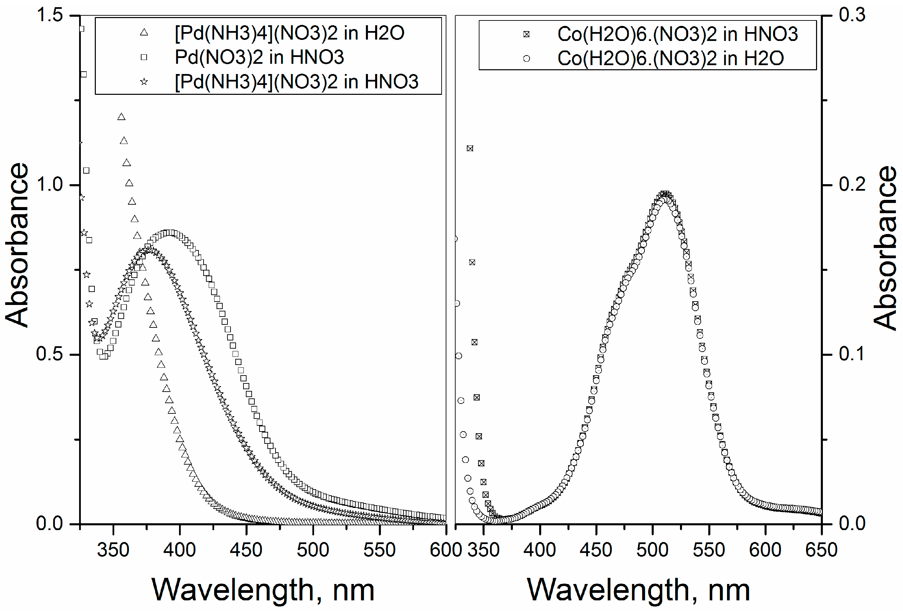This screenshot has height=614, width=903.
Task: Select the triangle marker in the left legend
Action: [x=144, y=32]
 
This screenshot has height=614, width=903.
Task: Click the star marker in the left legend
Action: [x=144, y=82]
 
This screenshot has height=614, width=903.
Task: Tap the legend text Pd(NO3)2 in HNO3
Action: [x=259, y=57]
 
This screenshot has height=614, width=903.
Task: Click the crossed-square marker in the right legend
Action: [x=526, y=34]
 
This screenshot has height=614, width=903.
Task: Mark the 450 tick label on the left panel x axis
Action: [x=246, y=550]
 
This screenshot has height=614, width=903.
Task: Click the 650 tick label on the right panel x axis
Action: [x=821, y=550]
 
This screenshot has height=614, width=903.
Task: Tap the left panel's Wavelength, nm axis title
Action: [x=263, y=590]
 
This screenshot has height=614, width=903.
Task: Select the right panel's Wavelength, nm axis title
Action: [x=638, y=590]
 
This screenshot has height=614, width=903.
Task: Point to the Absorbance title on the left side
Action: [x=17, y=245]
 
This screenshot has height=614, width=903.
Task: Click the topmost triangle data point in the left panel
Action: [x=121, y=117]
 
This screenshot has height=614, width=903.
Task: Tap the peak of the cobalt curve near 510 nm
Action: [x=665, y=195]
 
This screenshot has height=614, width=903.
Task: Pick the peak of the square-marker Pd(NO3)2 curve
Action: [x=169, y=233]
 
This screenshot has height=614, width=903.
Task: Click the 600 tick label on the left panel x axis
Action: [x=445, y=550]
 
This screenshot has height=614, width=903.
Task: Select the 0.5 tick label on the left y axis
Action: [x=50, y=354]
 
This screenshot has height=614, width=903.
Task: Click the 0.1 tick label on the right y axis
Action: [x=852, y=354]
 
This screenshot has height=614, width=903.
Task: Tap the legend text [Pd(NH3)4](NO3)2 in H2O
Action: [x=290, y=33]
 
